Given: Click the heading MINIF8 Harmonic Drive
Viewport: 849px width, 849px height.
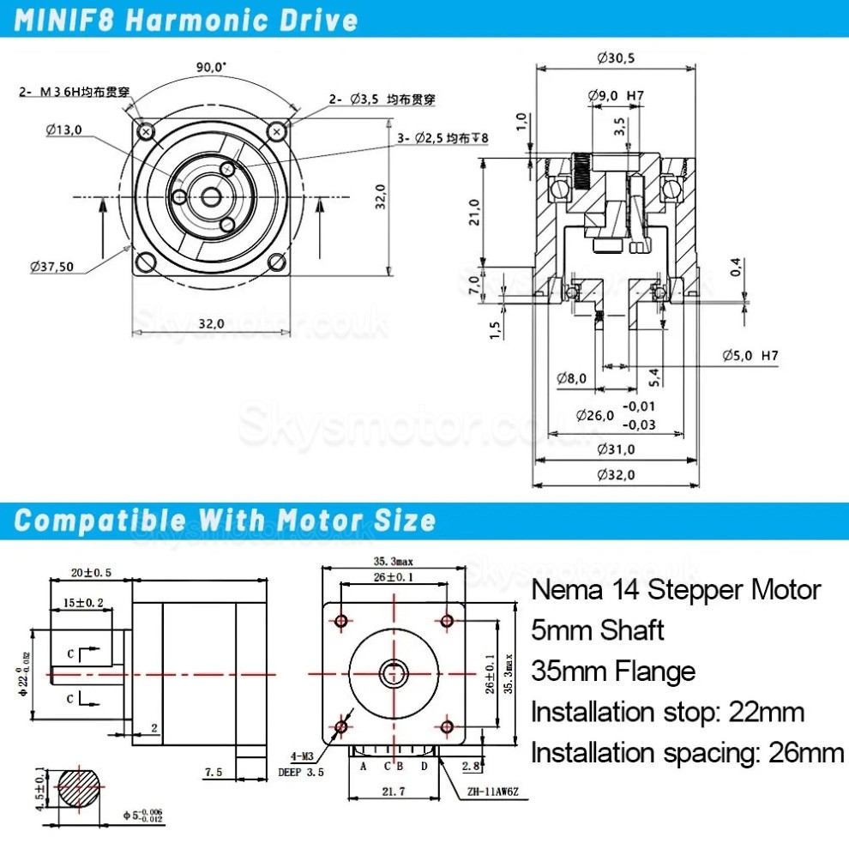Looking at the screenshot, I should pos(185,19).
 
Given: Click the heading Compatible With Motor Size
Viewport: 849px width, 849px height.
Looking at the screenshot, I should pos(226,521).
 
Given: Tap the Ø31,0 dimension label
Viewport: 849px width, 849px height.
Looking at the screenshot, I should pos(616,449).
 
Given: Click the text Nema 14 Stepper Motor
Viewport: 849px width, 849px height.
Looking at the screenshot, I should pos(676,590).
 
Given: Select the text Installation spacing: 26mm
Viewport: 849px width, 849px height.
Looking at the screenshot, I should pos(688,753).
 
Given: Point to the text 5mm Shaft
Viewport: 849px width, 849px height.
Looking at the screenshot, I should pos(598,630).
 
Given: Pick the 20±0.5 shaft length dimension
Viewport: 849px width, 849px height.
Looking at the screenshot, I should pos(90,572).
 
